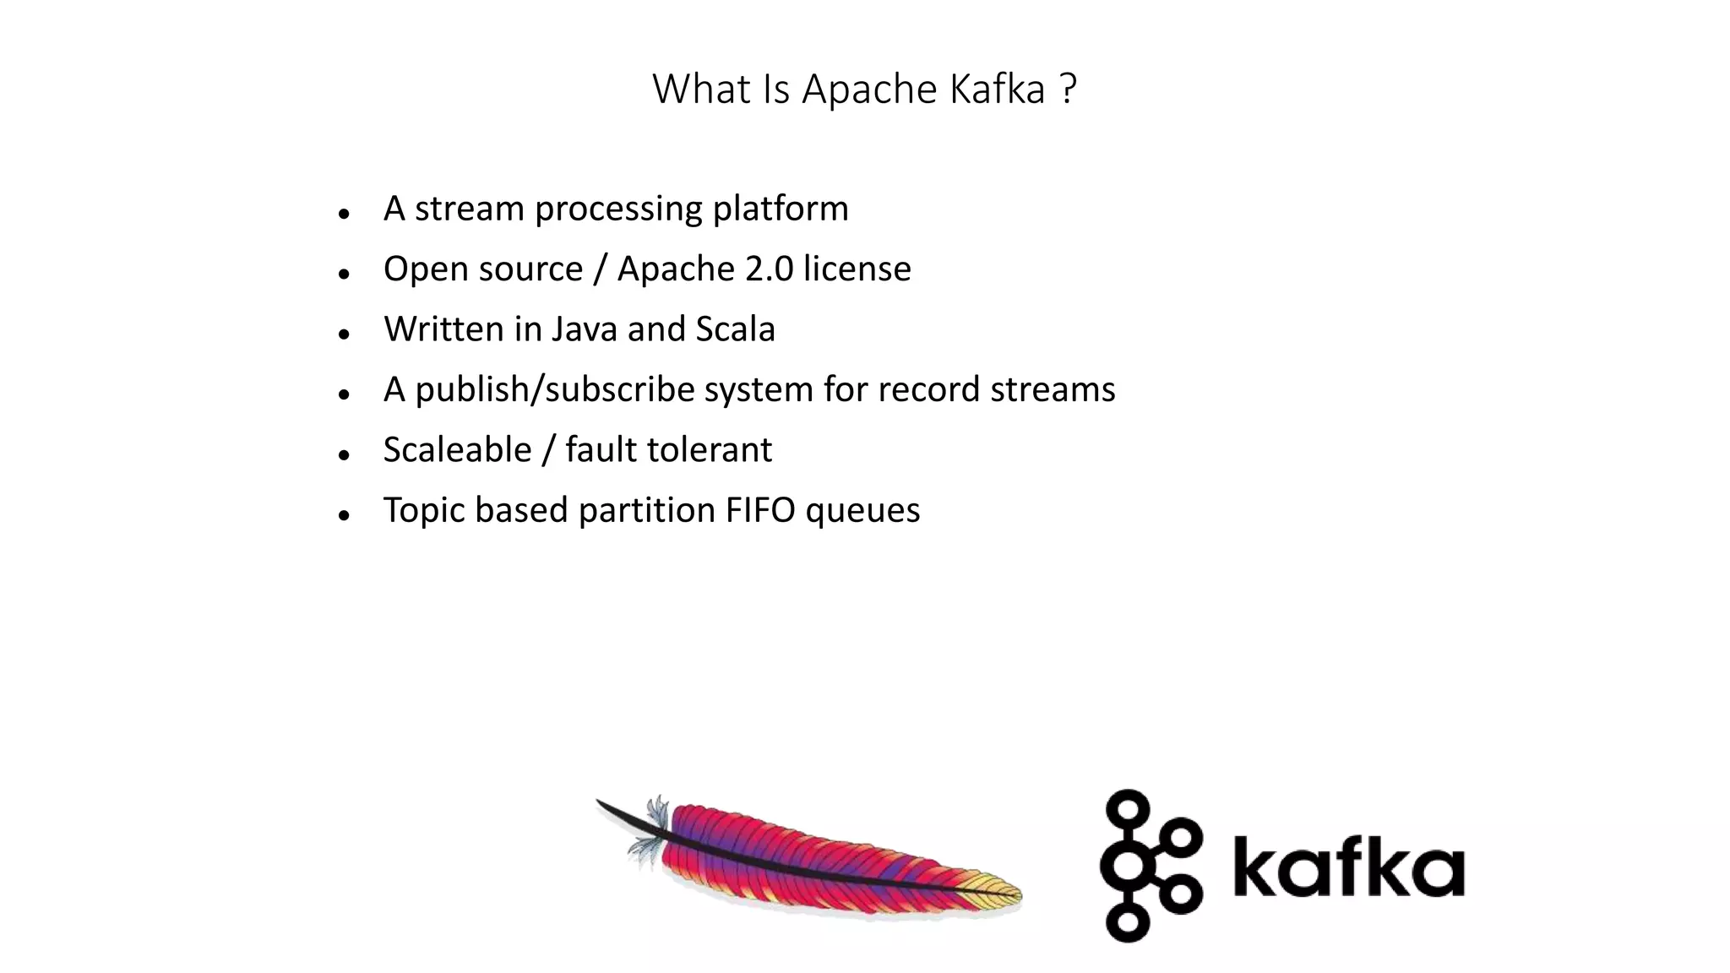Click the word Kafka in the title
[x=997, y=89]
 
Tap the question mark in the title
[x=1067, y=89]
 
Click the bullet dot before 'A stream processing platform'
[x=343, y=214]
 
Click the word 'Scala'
[x=734, y=329]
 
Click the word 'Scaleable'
[x=457, y=449]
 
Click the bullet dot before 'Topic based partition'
[x=343, y=515]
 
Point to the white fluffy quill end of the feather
[x=648, y=832]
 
